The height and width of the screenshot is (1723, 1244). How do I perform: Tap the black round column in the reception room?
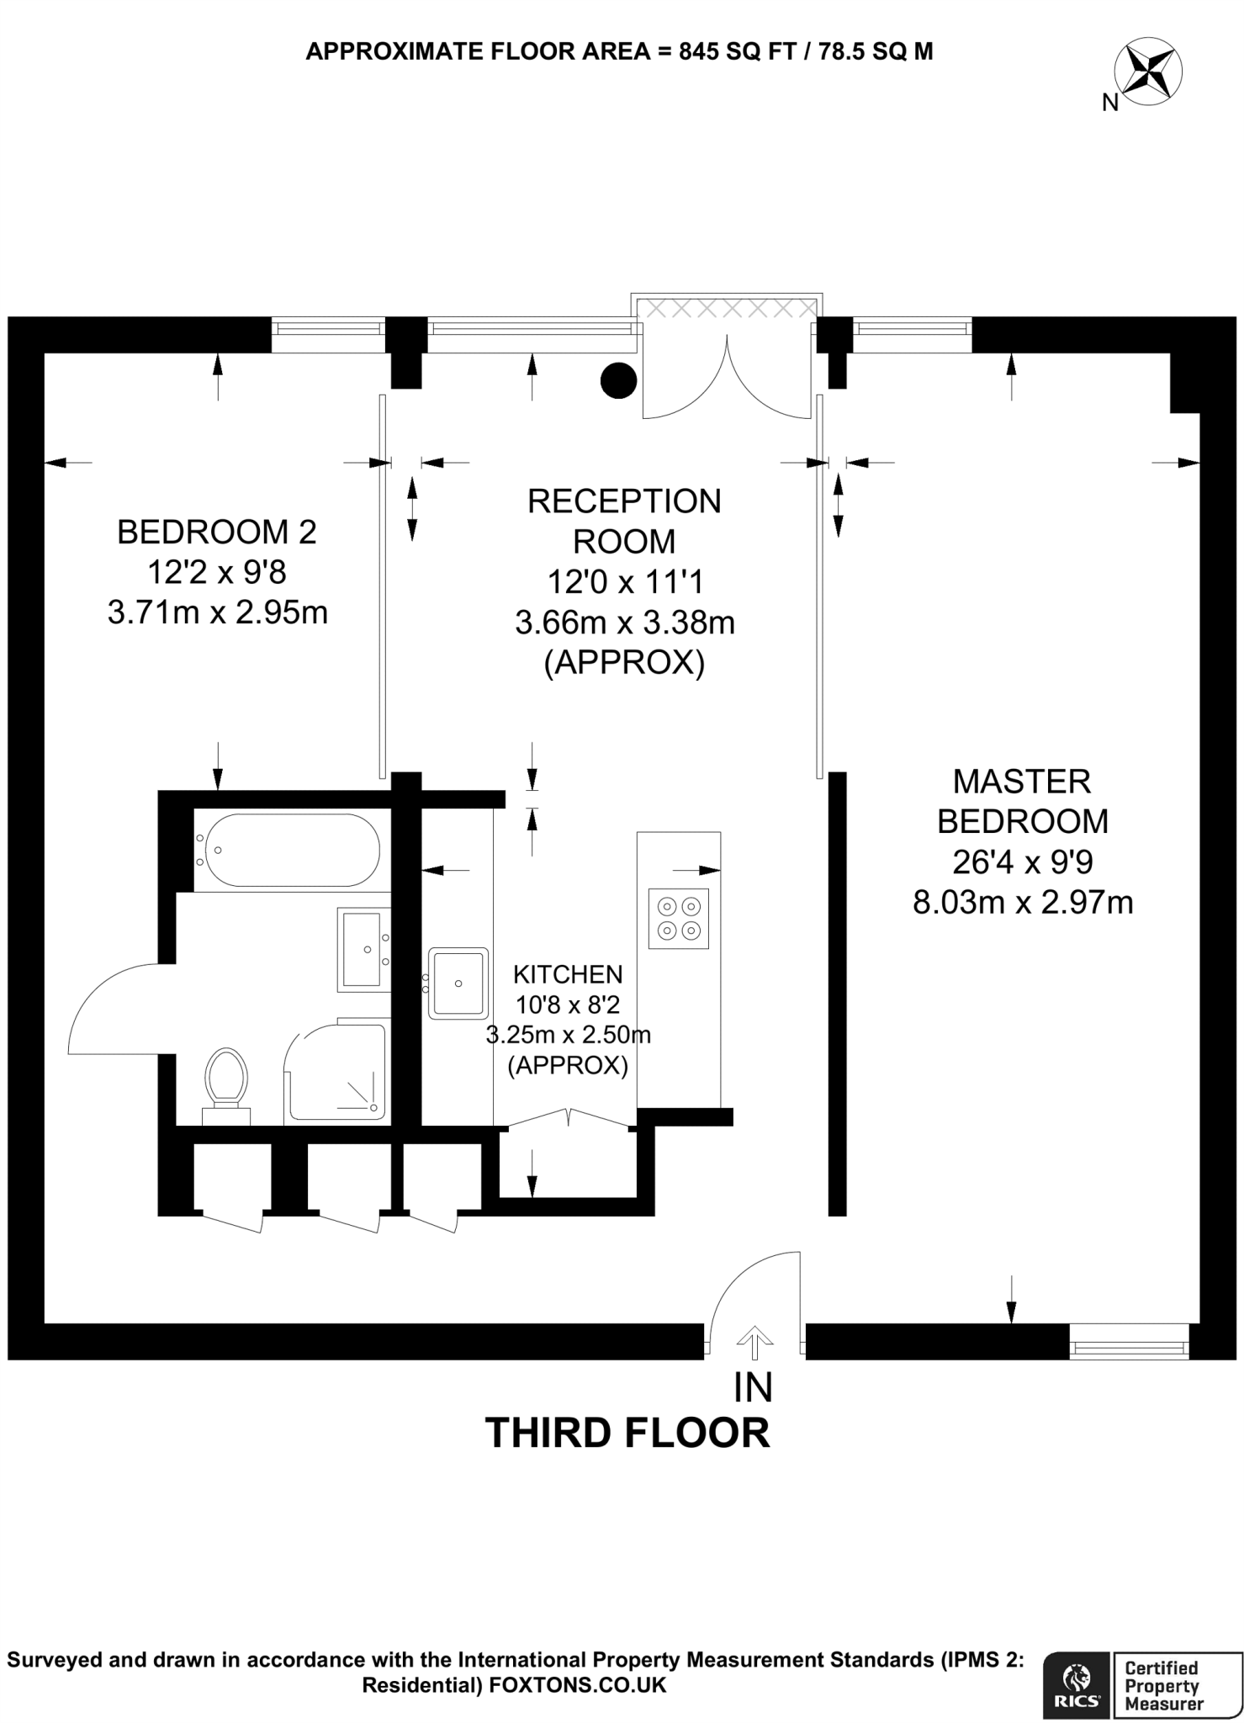(x=618, y=380)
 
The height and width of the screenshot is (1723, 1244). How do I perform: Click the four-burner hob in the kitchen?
(x=679, y=918)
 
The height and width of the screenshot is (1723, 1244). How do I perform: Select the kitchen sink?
(x=458, y=983)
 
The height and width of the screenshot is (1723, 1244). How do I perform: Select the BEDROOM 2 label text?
(x=217, y=532)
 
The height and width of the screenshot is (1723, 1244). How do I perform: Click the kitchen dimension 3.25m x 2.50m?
(x=569, y=1035)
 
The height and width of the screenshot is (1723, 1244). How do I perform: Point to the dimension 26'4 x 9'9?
(x=1022, y=861)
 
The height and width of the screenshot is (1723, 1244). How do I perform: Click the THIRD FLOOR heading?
(x=627, y=1434)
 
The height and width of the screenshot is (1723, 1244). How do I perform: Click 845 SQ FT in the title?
(x=734, y=51)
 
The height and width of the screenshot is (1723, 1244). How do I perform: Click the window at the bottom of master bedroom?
(x=1130, y=1342)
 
